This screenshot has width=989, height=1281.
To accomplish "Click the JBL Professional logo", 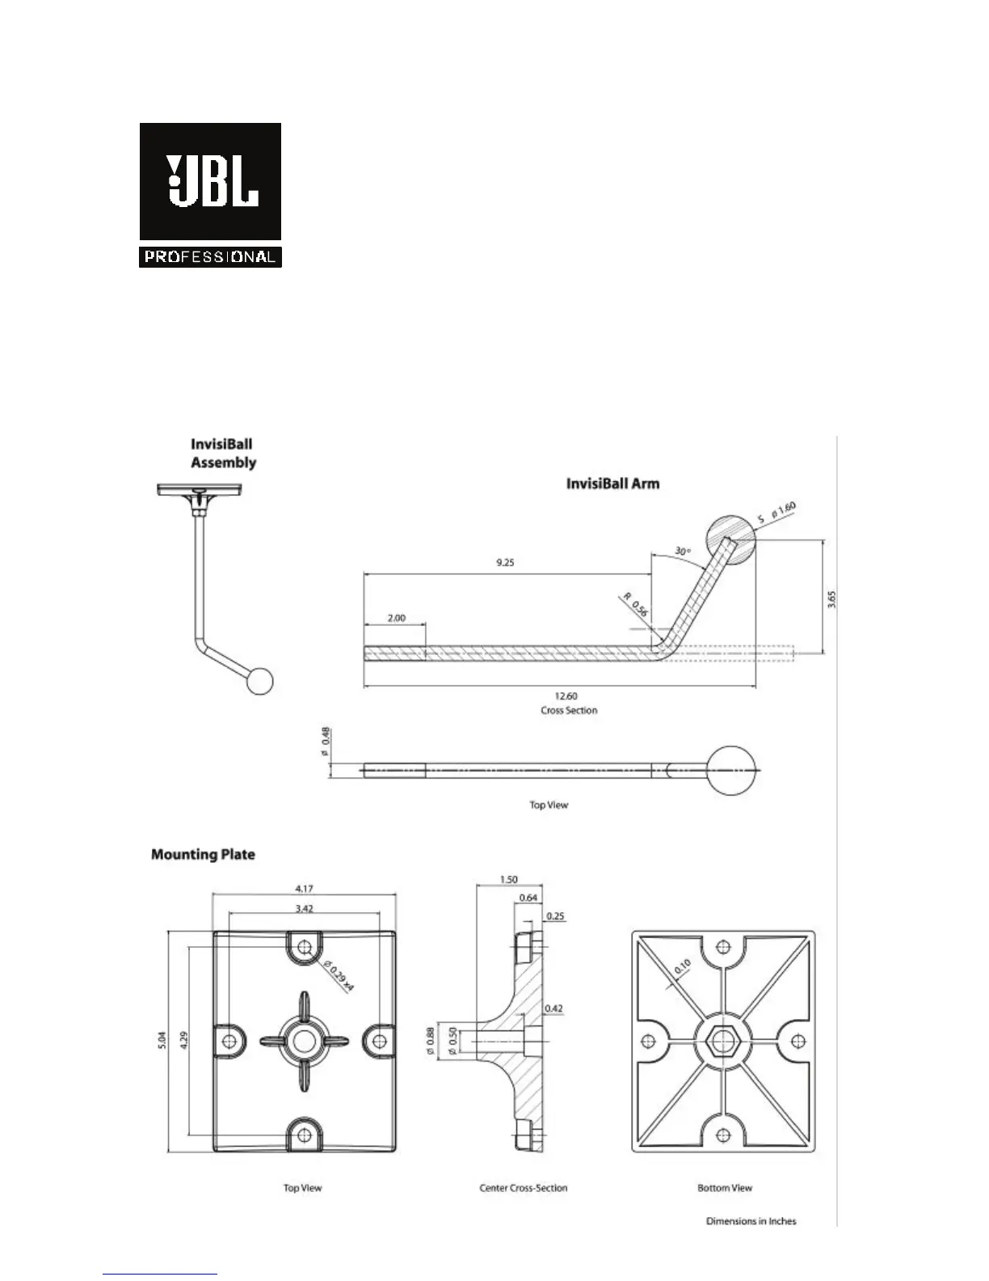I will coord(210,195).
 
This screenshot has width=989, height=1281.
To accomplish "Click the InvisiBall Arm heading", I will coord(612,484).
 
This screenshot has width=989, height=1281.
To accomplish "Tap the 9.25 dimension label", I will coord(505,563).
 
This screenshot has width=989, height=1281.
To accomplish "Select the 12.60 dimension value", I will coord(566,696).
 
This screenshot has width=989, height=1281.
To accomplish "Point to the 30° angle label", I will coord(682,552).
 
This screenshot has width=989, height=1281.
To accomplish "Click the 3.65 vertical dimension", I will coord(832,599).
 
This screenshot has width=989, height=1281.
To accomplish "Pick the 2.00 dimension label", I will coord(396,618).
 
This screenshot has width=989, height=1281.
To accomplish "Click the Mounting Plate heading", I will coord(203,854).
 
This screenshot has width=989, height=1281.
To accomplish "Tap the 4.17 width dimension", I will coord(305,889).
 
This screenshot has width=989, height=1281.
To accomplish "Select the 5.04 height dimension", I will coord(163,1041).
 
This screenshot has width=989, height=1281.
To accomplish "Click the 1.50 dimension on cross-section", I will coord(508,880).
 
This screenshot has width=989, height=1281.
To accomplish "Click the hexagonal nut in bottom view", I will coord(722,1041).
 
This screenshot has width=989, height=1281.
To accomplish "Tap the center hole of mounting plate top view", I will coord(304,1041).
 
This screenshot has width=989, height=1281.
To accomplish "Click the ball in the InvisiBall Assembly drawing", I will coord(260,681).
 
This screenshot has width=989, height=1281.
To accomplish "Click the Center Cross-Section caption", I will coord(524,1188).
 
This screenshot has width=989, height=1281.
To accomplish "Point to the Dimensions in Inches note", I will coord(751,1221).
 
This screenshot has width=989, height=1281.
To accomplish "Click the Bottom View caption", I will coord(725,1188).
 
